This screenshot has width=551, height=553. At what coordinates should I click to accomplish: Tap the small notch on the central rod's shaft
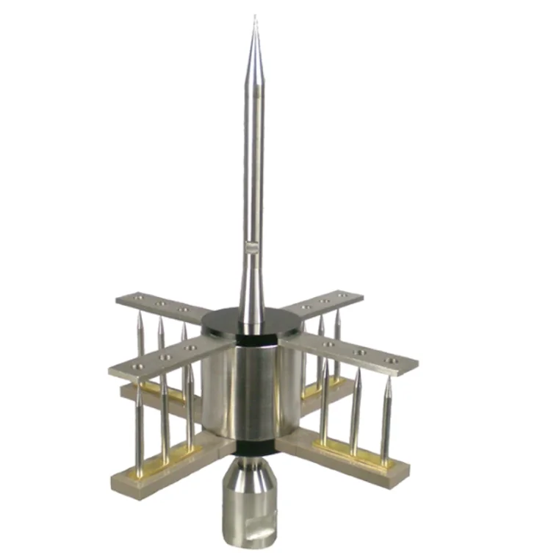click(252, 248)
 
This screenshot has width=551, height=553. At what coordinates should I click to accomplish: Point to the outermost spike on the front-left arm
click(138, 427)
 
